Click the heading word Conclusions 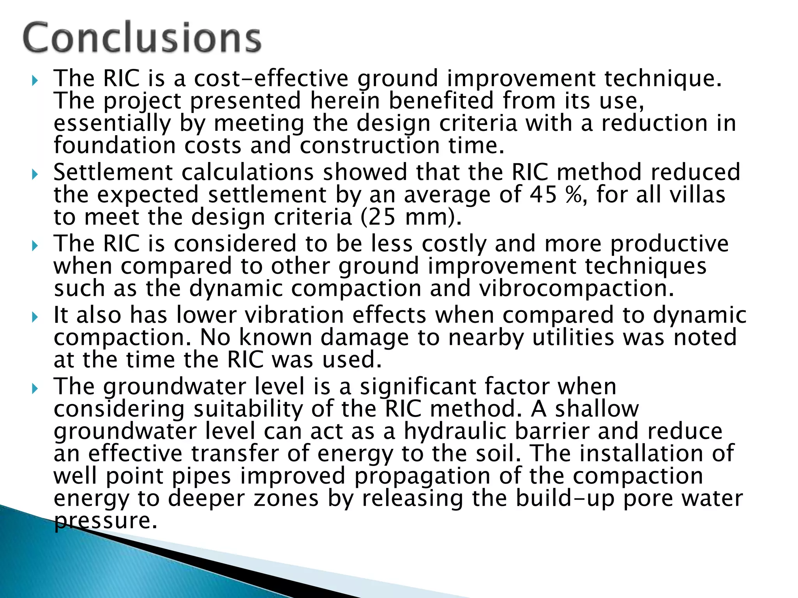tap(142, 38)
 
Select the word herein tap(345, 101)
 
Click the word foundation tap(115, 146)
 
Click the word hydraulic tap(455, 431)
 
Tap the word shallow tap(597, 409)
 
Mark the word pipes tap(201, 477)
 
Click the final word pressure tap(106, 521)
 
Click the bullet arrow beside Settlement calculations tap(35, 174)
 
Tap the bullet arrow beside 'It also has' tap(35, 317)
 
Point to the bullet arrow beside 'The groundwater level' tap(35, 388)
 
